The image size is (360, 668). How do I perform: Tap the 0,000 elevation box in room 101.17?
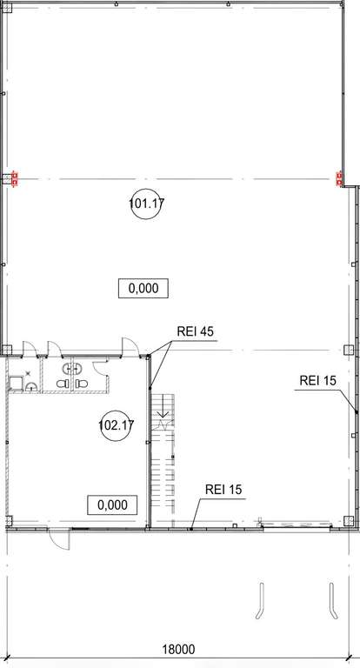click(143, 289)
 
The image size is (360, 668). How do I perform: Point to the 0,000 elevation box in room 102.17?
click(112, 505)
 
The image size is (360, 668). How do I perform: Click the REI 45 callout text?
click(195, 332)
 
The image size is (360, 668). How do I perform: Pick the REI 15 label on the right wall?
click(317, 381)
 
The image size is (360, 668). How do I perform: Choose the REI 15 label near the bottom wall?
click(223, 490)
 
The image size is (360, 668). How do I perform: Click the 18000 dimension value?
click(178, 650)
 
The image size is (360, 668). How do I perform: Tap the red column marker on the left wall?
click(15, 179)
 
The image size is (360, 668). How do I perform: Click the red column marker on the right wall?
click(339, 178)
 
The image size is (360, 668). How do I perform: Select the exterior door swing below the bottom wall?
click(60, 539)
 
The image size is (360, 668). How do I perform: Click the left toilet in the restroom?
click(63, 384)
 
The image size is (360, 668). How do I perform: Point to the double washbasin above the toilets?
click(71, 368)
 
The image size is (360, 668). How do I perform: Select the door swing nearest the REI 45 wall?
click(130, 346)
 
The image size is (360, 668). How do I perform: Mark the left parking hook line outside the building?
click(260, 601)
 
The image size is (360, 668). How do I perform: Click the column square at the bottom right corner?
click(349, 521)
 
